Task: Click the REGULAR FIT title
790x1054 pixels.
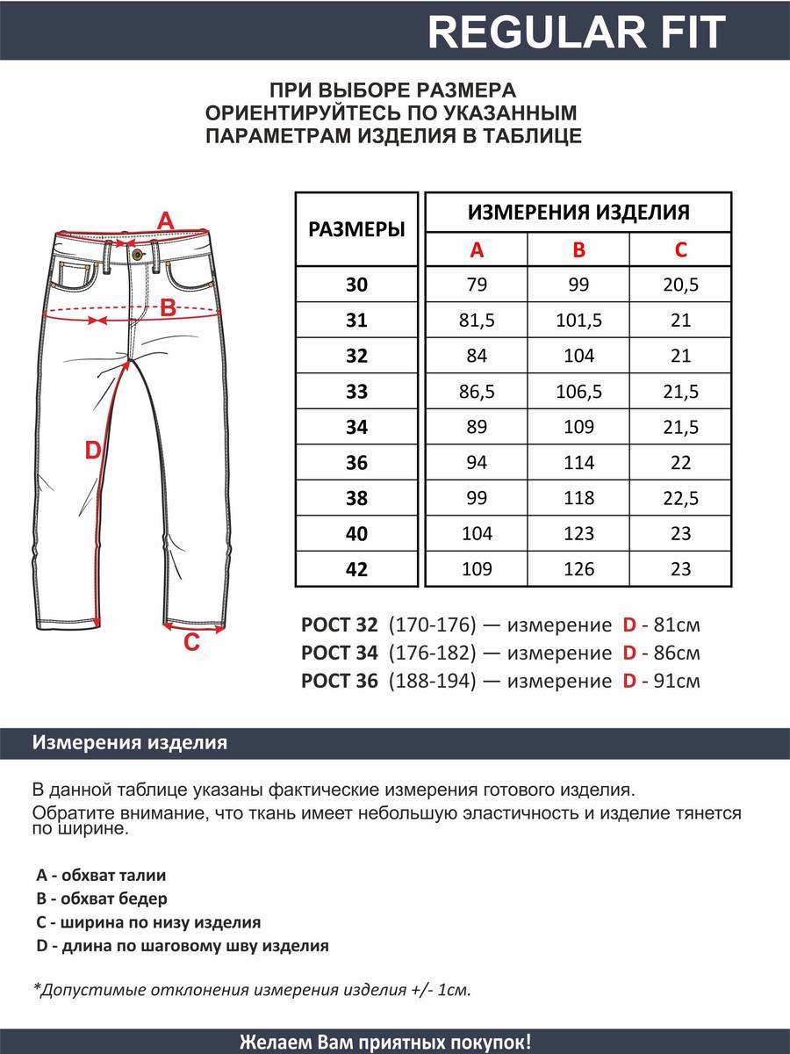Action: (x=577, y=32)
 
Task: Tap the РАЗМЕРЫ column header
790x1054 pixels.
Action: (x=356, y=230)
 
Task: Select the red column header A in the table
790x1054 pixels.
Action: (x=477, y=250)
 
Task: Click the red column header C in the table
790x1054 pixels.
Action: (x=681, y=250)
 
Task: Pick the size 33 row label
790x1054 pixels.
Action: (x=356, y=392)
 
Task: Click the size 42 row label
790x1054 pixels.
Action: (x=356, y=569)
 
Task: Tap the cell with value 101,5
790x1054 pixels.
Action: (x=578, y=321)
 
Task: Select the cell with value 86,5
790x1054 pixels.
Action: (x=477, y=392)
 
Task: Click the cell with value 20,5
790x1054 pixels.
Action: (x=681, y=285)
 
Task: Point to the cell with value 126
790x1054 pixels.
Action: (x=578, y=569)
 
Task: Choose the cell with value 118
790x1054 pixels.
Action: (x=578, y=498)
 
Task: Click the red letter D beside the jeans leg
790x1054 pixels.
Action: (x=93, y=451)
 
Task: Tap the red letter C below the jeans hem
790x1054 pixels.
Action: (x=192, y=644)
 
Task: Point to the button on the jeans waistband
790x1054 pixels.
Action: (x=136, y=254)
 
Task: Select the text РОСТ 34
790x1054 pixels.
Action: (x=339, y=653)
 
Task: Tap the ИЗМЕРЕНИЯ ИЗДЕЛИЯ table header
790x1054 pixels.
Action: (x=578, y=212)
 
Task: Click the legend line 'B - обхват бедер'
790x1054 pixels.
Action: (x=102, y=899)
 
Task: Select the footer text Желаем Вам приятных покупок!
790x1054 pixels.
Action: (x=385, y=1043)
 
